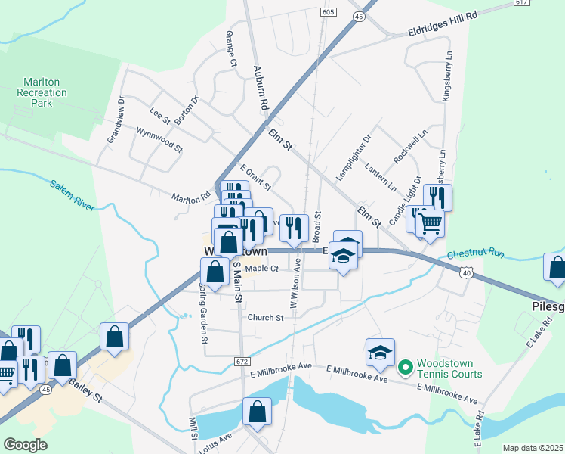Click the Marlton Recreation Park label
pos(42,93)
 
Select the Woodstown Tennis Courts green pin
pos(405,368)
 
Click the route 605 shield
pos(327,12)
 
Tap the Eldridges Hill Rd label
pos(443,25)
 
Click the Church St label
pos(264,318)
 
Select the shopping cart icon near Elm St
pos(430,223)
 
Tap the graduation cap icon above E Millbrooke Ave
pos(381,352)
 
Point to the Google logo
pos(25,445)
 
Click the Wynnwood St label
pos(160,140)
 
